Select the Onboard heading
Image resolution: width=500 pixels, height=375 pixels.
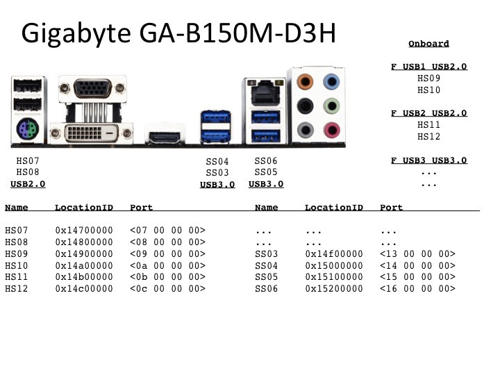(428, 44)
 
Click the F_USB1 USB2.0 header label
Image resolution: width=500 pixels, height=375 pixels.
(428, 67)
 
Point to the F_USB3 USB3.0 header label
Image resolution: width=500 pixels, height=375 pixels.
(428, 160)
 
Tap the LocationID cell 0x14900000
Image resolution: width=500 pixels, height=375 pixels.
(84, 255)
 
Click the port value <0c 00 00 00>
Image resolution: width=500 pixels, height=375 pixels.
(167, 288)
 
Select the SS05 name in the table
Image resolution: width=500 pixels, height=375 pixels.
(266, 277)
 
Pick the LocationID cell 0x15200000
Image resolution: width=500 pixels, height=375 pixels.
(334, 288)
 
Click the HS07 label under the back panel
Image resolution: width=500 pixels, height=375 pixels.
(28, 161)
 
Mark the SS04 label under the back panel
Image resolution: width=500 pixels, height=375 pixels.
(217, 162)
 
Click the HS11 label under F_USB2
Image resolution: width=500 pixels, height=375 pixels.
(428, 125)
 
